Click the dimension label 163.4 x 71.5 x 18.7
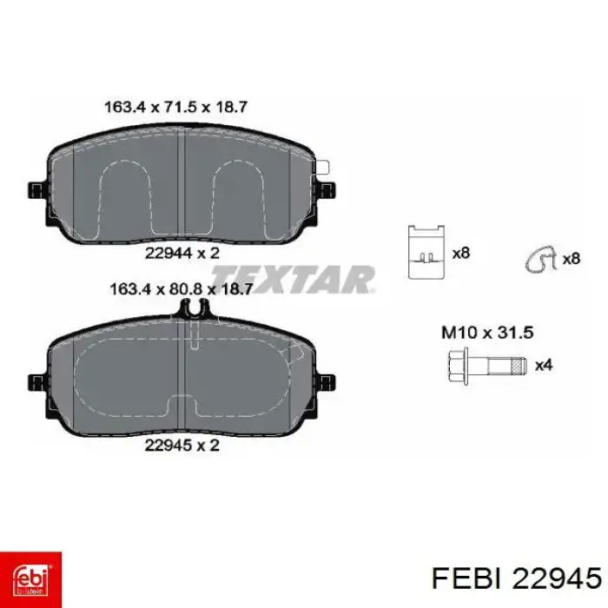(175, 107)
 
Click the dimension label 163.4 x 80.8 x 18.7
(182, 289)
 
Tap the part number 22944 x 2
(182, 254)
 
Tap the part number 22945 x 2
(182, 445)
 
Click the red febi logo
(30, 579)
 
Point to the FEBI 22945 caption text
(517, 579)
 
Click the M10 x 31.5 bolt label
(487, 333)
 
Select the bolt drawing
(487, 366)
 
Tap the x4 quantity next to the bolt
(544, 366)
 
